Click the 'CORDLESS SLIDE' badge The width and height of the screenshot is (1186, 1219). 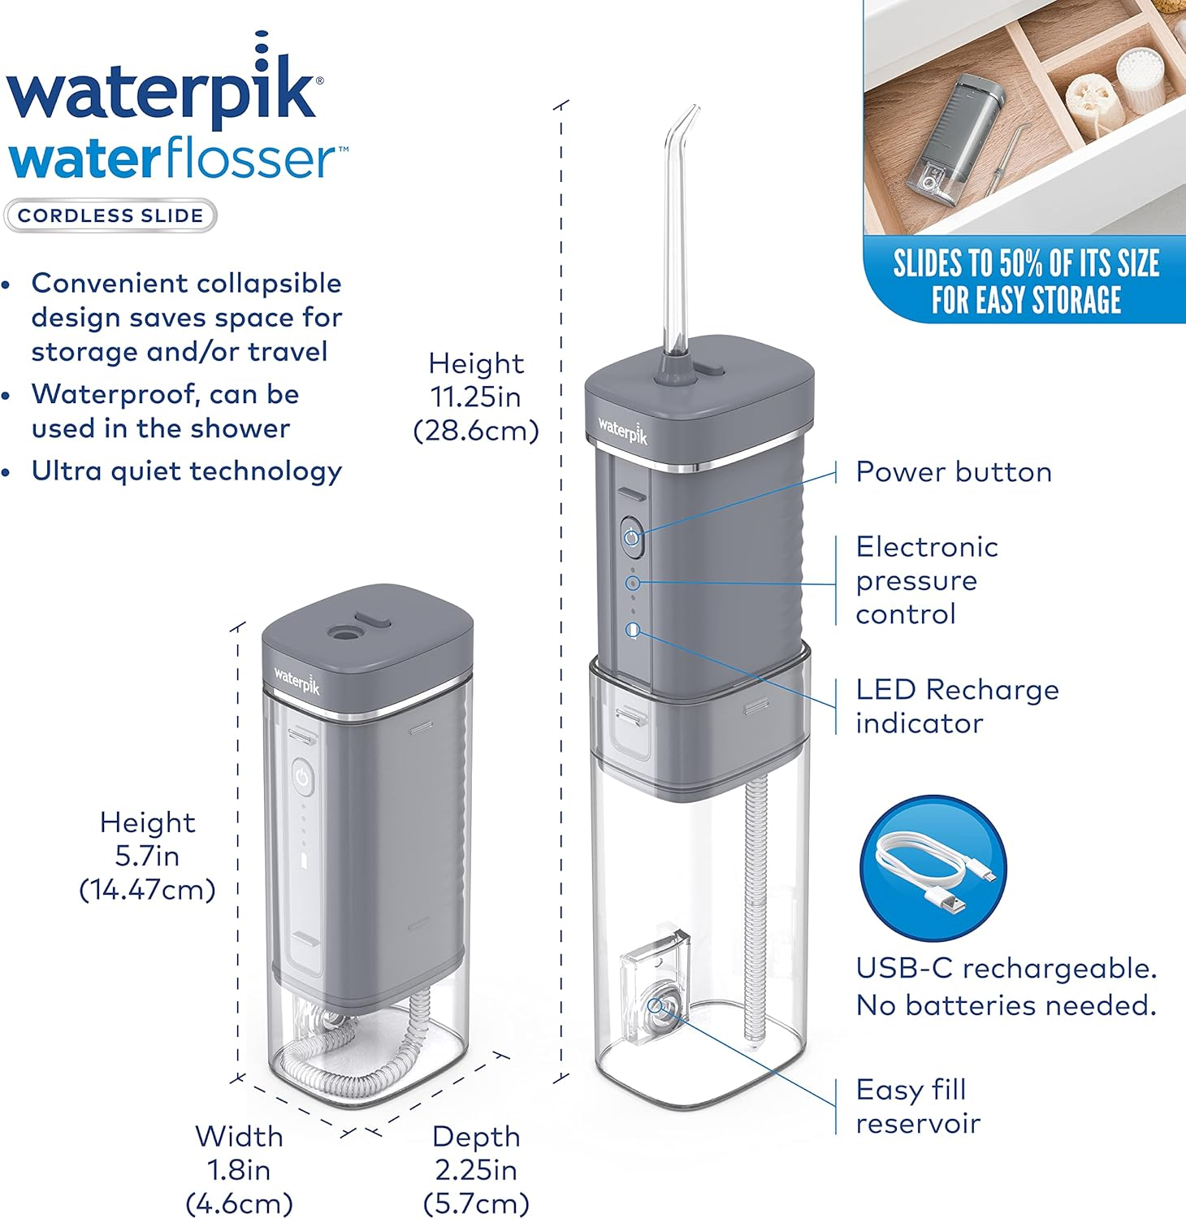tap(110, 216)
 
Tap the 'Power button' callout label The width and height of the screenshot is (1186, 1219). tap(954, 472)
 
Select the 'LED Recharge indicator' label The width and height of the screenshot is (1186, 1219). tap(957, 706)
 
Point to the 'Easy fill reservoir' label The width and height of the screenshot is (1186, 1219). tap(918, 1106)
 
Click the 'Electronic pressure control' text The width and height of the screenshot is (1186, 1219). tap(926, 580)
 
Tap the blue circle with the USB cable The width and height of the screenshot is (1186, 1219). tap(933, 869)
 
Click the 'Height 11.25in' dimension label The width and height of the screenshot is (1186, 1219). tap(476, 397)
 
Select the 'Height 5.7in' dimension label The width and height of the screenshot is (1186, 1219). tap(148, 856)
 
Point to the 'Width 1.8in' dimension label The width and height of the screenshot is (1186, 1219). tap(239, 1169)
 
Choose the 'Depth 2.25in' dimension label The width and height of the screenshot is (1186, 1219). tap(476, 1169)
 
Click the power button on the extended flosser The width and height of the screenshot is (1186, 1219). tap(633, 536)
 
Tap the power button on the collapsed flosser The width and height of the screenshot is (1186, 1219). tap(302, 778)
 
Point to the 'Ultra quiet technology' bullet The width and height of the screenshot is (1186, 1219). tap(186, 471)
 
